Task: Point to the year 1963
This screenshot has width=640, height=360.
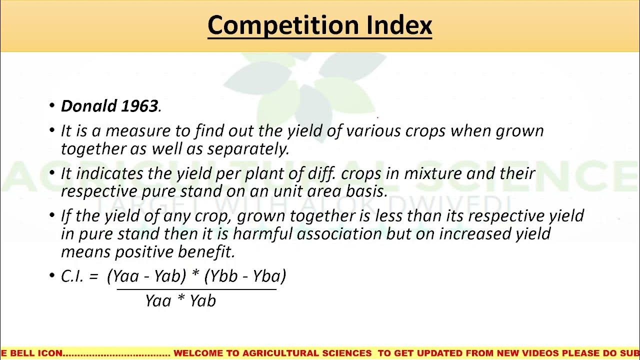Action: click(140, 106)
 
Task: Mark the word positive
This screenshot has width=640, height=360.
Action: click(144, 251)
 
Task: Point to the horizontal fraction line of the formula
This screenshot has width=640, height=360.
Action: click(196, 289)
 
